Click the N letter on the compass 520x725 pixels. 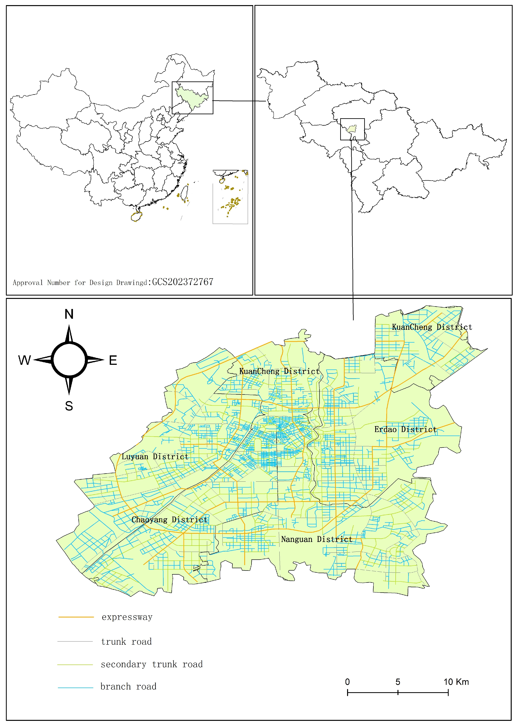coord(69,314)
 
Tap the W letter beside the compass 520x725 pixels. coord(25,360)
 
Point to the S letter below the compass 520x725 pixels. coord(69,406)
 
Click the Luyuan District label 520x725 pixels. coord(155,457)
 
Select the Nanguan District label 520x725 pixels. coord(317,539)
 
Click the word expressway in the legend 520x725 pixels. coord(127,617)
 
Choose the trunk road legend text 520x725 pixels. coord(126,642)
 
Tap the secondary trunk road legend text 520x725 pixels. coord(151,664)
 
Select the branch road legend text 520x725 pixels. coord(128,686)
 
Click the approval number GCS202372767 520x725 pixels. coord(183,282)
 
